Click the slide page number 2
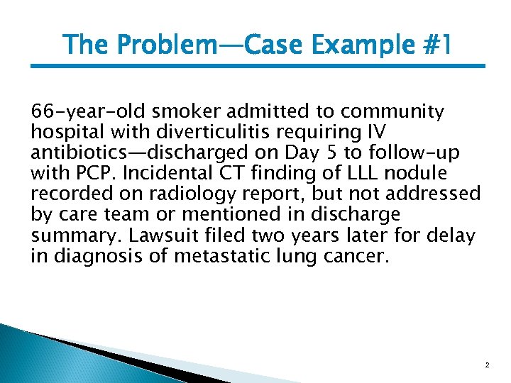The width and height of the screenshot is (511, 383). [487, 365]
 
